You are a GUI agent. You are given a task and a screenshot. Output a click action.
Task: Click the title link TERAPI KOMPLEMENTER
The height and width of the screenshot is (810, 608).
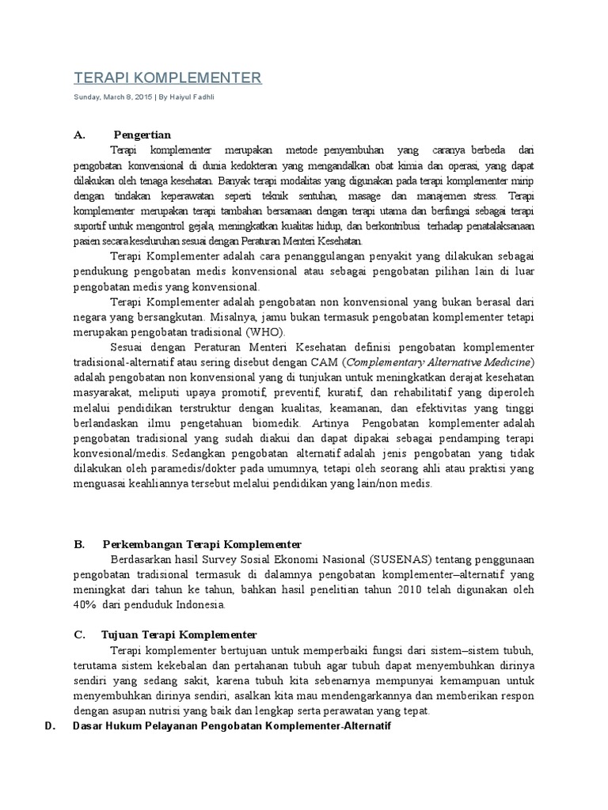point(167,78)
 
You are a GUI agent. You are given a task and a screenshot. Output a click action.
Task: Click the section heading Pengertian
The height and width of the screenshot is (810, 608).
point(142,135)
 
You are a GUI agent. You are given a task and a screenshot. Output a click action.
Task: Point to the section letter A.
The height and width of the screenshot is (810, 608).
point(78,135)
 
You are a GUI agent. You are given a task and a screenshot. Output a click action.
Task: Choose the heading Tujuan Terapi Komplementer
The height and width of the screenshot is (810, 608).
point(179,635)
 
